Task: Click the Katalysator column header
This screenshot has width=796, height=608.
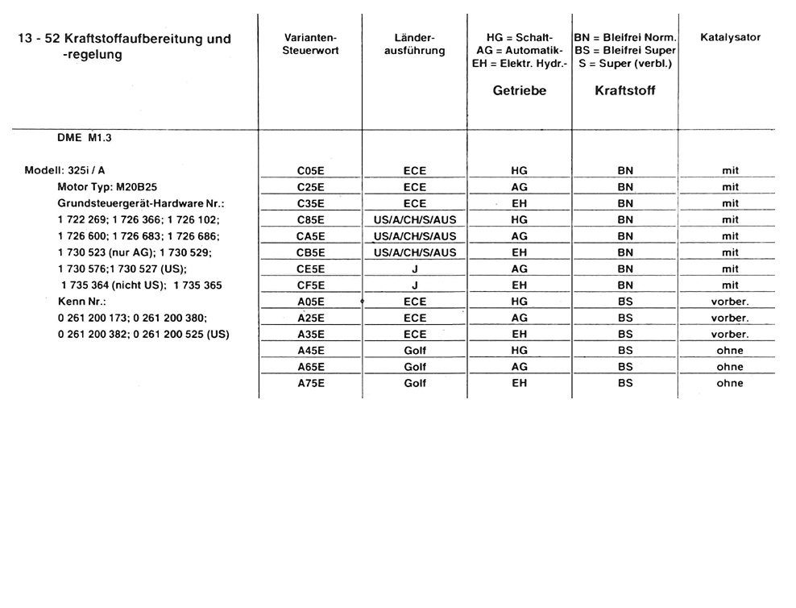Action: (730, 38)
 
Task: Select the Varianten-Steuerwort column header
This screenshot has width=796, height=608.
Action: (310, 44)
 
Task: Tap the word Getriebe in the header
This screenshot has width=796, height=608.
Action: (519, 91)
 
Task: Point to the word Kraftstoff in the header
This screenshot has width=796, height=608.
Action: (624, 91)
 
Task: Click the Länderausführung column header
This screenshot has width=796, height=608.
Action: (415, 44)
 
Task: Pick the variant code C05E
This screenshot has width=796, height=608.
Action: (310, 171)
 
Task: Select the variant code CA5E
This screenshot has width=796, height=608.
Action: (310, 236)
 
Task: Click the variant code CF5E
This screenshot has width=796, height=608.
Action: (310, 285)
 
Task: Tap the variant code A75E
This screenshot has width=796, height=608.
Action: (310, 383)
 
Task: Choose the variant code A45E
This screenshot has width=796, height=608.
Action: (310, 351)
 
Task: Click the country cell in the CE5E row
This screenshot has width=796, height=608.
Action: (414, 269)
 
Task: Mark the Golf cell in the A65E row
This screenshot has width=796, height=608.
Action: (414, 367)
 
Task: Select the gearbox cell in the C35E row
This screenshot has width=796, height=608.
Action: (519, 204)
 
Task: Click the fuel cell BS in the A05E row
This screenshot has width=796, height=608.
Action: (625, 302)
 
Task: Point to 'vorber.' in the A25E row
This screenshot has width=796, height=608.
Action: (730, 318)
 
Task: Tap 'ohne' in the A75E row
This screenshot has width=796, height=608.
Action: (730, 383)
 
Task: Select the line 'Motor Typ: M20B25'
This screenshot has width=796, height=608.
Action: (107, 187)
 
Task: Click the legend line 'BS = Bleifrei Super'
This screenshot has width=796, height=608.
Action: (625, 51)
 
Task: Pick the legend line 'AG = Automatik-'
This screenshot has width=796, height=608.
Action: (519, 51)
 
